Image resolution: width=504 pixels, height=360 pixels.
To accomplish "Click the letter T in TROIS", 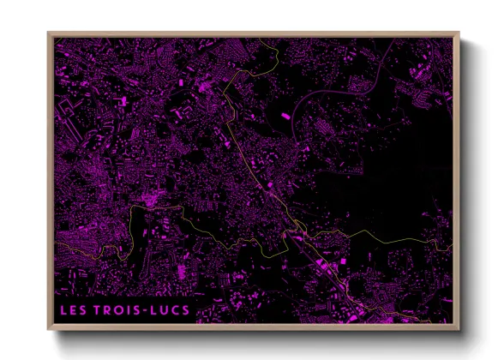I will pyautogui.click(x=99, y=307).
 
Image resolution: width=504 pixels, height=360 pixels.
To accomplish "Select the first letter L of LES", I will pyautogui.click(x=63, y=307).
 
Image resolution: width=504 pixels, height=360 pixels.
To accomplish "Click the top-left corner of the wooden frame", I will pyautogui.click(x=48, y=33).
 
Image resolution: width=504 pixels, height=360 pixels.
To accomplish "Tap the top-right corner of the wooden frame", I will pyautogui.click(x=459, y=33).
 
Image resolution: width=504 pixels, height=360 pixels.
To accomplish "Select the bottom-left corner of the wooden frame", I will pyautogui.click(x=48, y=330).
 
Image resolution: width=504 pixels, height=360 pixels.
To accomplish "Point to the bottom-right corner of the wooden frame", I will pyautogui.click(x=459, y=330).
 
